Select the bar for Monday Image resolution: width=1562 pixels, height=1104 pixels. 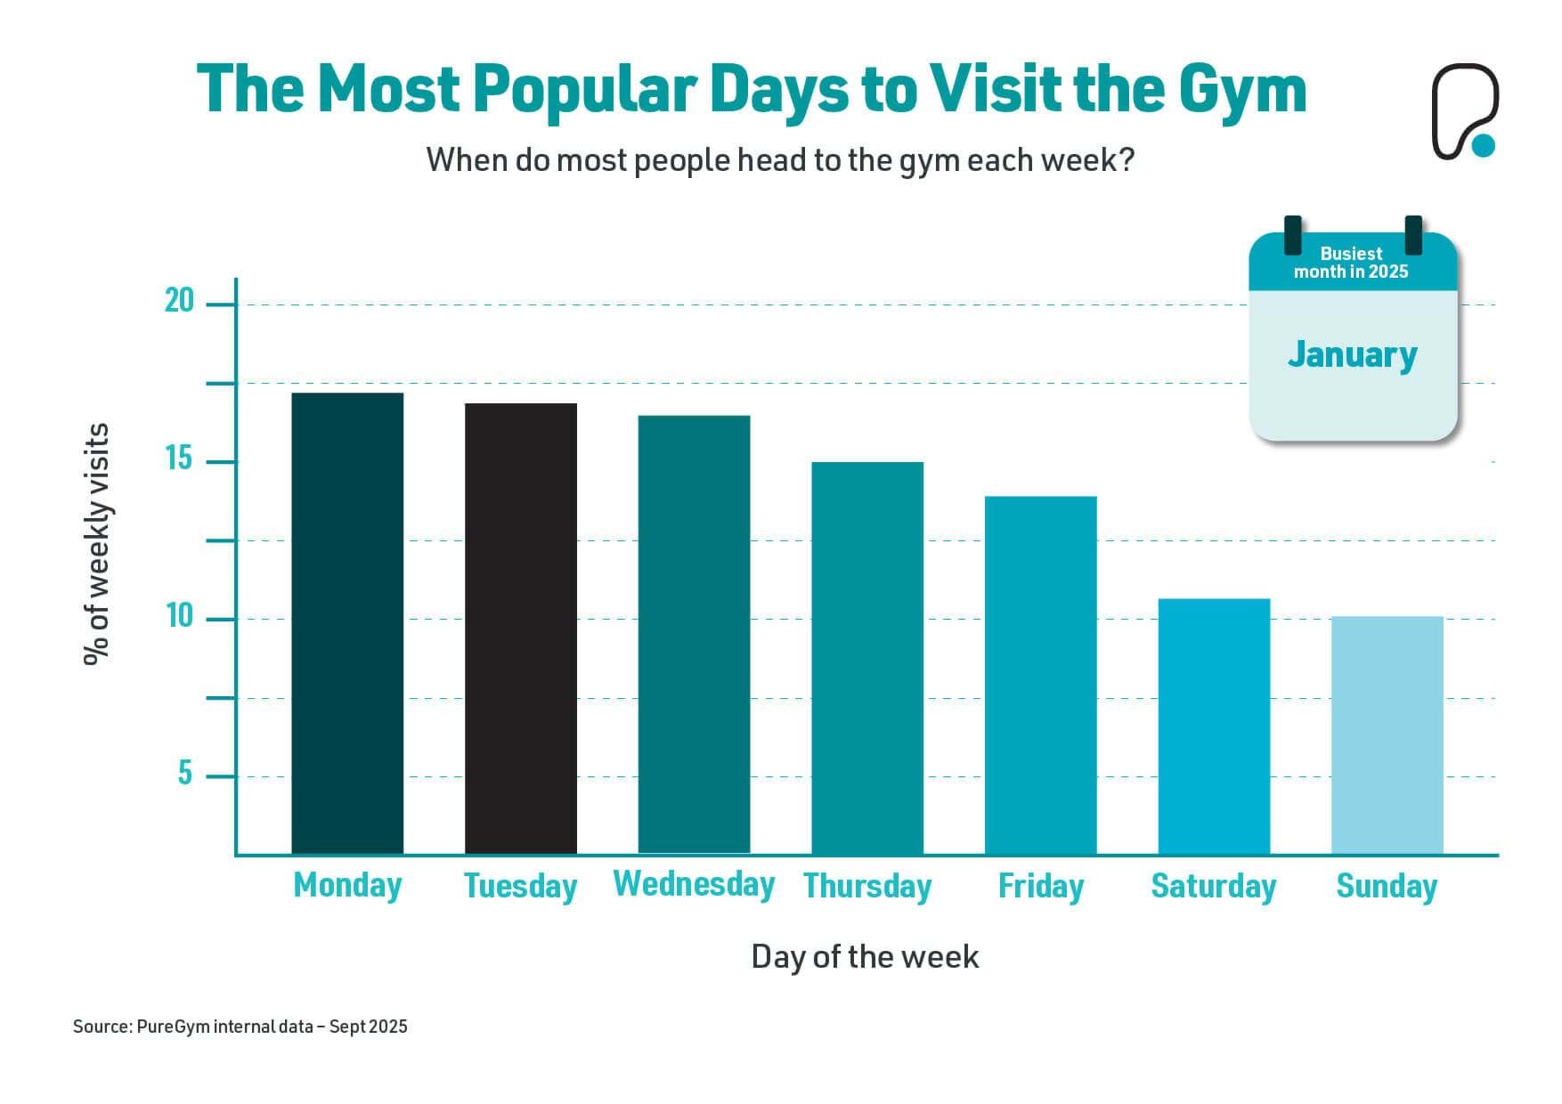[347, 623]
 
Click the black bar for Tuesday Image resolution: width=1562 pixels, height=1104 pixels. [521, 629]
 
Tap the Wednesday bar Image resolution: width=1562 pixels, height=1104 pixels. [694, 634]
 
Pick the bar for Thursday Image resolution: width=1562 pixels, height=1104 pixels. [867, 658]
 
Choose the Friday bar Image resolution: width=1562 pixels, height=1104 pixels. [1040, 675]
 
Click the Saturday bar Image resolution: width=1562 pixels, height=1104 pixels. [1214, 726]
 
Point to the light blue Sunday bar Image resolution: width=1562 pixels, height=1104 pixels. [1387, 735]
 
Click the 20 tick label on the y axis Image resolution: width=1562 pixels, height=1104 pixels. [179, 301]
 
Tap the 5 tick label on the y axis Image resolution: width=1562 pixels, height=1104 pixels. [184, 773]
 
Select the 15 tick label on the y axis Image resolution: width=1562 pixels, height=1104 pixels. [179, 459]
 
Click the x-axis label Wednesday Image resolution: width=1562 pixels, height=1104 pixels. [694, 884]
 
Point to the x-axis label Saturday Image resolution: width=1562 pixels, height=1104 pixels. [1213, 886]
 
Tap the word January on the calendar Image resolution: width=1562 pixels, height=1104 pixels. [1352, 354]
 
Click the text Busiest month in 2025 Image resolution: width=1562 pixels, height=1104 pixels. [1351, 263]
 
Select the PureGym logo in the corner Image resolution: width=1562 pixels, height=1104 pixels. [1464, 112]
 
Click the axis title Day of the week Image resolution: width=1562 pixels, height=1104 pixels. [865, 957]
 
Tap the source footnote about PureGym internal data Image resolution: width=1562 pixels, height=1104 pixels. [240, 1027]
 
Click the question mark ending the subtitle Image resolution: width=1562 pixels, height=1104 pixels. [1127, 160]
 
